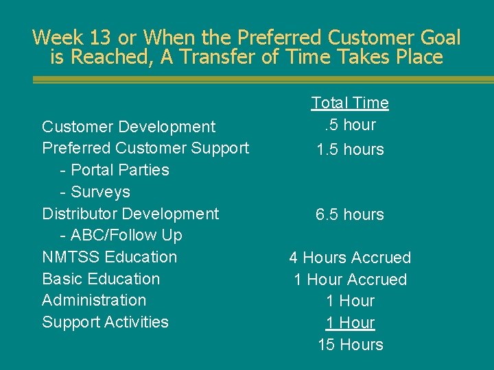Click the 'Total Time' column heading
pyautogui.click(x=350, y=103)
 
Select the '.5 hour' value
pyautogui.click(x=350, y=125)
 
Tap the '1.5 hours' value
pyautogui.click(x=350, y=149)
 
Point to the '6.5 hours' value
pyautogui.click(x=350, y=214)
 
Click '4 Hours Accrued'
pyautogui.click(x=350, y=258)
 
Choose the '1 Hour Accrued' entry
pyautogui.click(x=350, y=280)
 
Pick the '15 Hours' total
pyautogui.click(x=350, y=345)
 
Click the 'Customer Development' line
pyautogui.click(x=128, y=127)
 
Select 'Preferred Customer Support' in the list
pyautogui.click(x=145, y=148)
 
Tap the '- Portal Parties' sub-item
pyautogui.click(x=115, y=170)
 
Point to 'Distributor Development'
pyautogui.click(x=130, y=214)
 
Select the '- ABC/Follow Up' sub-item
pyautogui.click(x=121, y=236)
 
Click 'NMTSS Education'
pyautogui.click(x=109, y=257)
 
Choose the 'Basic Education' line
pyautogui.click(x=101, y=279)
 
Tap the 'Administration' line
pyautogui.click(x=94, y=300)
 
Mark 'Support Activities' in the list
pyautogui.click(x=105, y=322)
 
